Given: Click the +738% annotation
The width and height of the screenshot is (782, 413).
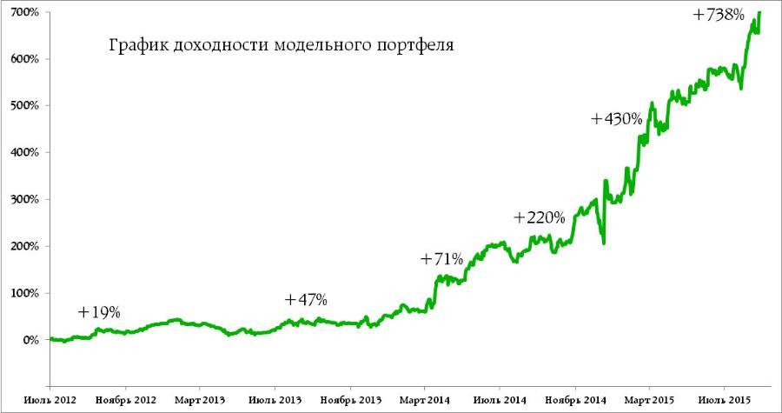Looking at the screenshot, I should point(720,15).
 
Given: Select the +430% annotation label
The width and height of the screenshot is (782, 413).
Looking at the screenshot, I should point(616,119).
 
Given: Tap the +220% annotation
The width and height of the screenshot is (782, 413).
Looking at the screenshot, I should point(540,217).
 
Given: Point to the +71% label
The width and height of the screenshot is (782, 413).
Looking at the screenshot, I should point(443,259).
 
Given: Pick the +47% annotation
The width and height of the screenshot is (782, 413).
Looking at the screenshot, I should point(306,300).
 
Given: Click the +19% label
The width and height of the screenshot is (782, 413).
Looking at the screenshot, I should point(99,312).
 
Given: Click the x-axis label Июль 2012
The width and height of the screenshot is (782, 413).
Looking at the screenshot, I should point(50,400).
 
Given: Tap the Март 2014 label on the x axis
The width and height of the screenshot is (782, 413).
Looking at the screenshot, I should point(424,400).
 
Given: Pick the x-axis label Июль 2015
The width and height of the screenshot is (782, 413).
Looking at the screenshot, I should point(726,400).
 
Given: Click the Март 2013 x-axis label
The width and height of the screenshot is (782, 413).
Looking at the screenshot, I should point(200,400).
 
